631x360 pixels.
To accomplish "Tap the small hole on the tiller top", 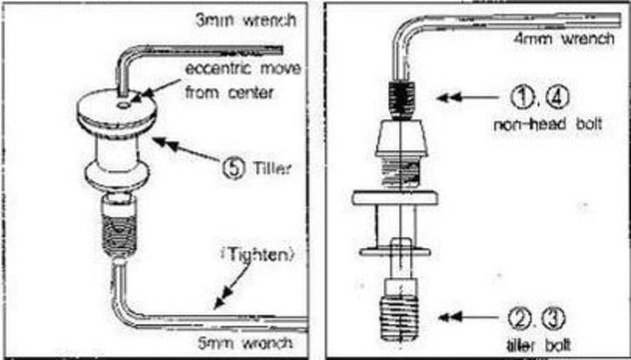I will point(128,102).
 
